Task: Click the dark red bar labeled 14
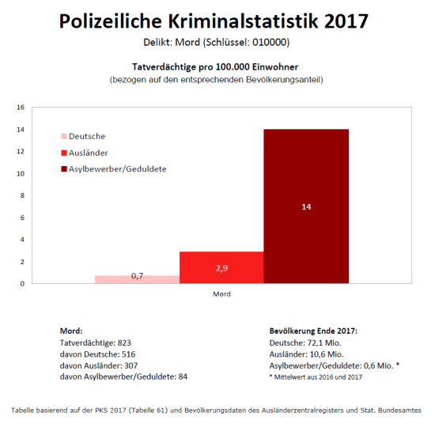tap(306, 206)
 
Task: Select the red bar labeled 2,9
tap(221, 267)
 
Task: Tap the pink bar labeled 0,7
tap(137, 278)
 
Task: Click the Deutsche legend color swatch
tap(64, 136)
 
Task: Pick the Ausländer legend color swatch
tap(64, 152)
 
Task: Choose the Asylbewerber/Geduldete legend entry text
tap(118, 168)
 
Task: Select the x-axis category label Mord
tap(221, 294)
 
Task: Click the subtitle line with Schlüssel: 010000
tap(217, 41)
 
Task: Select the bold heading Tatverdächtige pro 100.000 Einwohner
tap(217, 69)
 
